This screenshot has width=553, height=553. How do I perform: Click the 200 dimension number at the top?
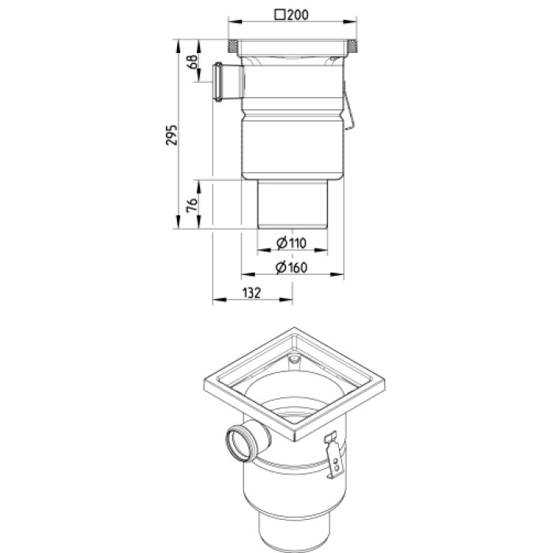click(298, 15)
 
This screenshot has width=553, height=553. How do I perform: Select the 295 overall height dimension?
click(171, 135)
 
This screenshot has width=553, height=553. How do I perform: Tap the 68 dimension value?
click(193, 62)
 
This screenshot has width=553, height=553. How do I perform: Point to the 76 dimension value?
click(192, 205)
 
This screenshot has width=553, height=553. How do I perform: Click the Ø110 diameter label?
click(292, 243)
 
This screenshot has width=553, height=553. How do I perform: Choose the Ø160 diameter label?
click(292, 267)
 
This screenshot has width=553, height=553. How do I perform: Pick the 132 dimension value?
click(252, 293)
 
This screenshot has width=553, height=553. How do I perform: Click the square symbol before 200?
click(280, 15)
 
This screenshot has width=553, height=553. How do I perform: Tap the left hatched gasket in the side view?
click(233, 46)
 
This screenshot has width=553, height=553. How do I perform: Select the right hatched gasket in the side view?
click(352, 46)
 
